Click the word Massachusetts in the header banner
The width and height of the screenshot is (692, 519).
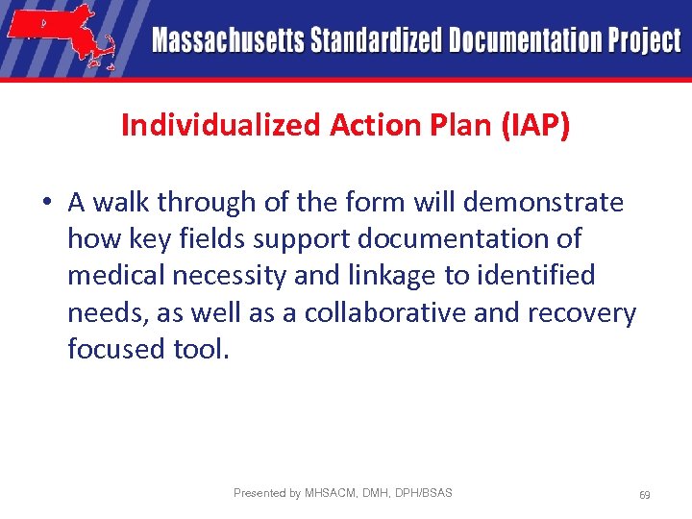pos(227,41)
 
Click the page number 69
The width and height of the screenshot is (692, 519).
pos(644,495)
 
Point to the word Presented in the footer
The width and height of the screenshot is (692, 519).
pos(259,493)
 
